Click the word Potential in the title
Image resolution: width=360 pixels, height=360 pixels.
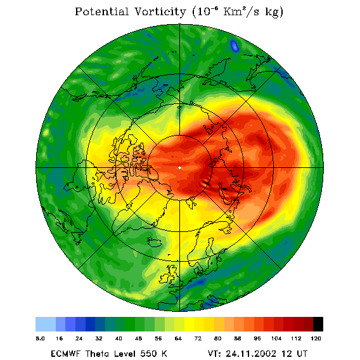click(x=101, y=11)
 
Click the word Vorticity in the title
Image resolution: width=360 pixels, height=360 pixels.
click(x=160, y=11)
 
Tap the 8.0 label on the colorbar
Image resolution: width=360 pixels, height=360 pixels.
click(x=41, y=338)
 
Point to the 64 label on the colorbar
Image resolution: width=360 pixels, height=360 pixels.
click(x=178, y=338)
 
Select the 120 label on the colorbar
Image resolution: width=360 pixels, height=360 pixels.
click(x=316, y=338)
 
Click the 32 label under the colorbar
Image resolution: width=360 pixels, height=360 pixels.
click(x=99, y=338)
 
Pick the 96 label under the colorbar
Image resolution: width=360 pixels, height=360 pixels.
click(x=257, y=338)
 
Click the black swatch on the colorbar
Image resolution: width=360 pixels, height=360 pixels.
click(x=318, y=324)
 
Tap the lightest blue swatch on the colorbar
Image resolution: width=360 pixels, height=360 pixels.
click(x=46, y=324)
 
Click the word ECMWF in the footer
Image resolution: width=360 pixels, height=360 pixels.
click(x=65, y=354)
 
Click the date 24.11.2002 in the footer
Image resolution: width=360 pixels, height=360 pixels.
click(x=251, y=354)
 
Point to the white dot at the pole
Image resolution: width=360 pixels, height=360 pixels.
click(x=179, y=168)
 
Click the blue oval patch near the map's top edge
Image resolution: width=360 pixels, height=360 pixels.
click(x=235, y=46)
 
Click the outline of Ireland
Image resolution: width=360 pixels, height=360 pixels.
click(x=164, y=278)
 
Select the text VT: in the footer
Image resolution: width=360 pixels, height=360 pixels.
click(x=214, y=354)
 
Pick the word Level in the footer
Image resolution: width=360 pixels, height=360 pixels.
click(x=125, y=354)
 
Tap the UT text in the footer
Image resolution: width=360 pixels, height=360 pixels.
click(x=301, y=354)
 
